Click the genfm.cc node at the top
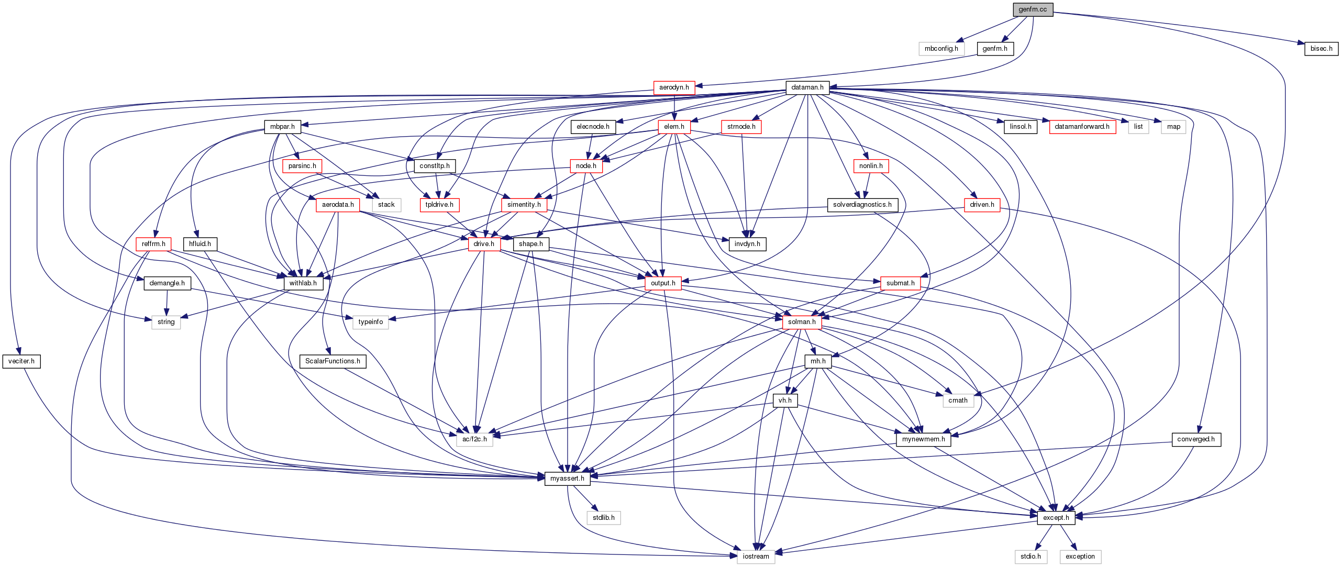coord(1033,9)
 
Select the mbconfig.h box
coord(941,49)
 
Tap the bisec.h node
coord(1321,49)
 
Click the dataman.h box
coord(807,87)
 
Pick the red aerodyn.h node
coord(674,87)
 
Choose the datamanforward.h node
coord(1082,127)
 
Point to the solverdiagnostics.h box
coord(862,205)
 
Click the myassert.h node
coord(567,479)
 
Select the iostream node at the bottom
coord(756,557)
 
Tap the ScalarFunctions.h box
coord(333,361)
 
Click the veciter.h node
coord(21,361)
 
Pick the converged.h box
coord(1195,439)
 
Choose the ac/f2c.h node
coord(474,439)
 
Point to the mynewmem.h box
coord(923,439)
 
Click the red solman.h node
coord(802,322)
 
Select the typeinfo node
coord(370,322)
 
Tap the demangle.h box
coord(167,283)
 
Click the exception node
coord(1080,557)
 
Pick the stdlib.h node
coord(603,518)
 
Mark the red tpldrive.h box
coord(439,205)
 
